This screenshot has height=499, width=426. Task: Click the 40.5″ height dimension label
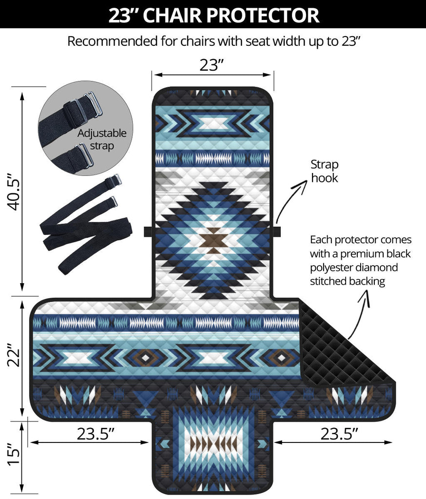pos(15,192)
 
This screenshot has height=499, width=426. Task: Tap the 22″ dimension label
pos(15,355)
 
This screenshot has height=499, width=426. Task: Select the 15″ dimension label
pos(15,455)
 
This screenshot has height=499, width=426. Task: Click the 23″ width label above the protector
pos(212,65)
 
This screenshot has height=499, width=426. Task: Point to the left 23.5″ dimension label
pos(96,433)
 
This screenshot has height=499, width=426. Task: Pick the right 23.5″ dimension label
pos(339,433)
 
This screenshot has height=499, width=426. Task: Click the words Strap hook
pos(325,171)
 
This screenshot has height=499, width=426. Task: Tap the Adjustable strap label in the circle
pos(102,139)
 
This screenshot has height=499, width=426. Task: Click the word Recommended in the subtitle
pos(113,41)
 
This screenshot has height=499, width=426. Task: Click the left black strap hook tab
pos(148,231)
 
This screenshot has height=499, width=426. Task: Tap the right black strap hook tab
pos(277,231)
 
